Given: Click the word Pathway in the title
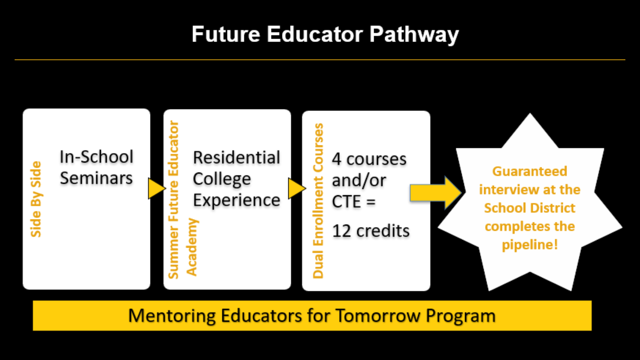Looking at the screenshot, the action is (x=414, y=35).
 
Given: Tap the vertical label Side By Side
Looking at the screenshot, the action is (x=36, y=199).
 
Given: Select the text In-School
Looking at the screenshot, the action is (x=96, y=157).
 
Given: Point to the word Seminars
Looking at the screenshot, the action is (x=96, y=178).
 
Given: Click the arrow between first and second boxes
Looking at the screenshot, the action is (x=157, y=188).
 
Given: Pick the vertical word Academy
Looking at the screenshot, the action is (x=192, y=247).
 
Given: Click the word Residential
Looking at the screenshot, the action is (x=237, y=157).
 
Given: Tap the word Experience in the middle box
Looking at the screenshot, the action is (x=237, y=201).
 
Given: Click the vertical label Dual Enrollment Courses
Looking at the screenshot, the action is (x=318, y=201).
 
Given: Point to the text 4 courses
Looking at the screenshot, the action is (x=369, y=159).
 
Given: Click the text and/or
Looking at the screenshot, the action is (x=359, y=180).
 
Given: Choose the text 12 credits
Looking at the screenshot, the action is (x=371, y=231).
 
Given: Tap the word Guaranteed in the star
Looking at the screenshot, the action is (x=530, y=171).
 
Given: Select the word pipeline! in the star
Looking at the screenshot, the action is (x=530, y=245).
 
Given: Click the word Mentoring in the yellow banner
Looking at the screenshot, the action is (x=172, y=316).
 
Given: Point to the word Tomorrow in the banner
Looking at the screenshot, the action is (x=378, y=316).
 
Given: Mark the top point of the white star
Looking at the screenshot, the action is (x=530, y=113).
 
